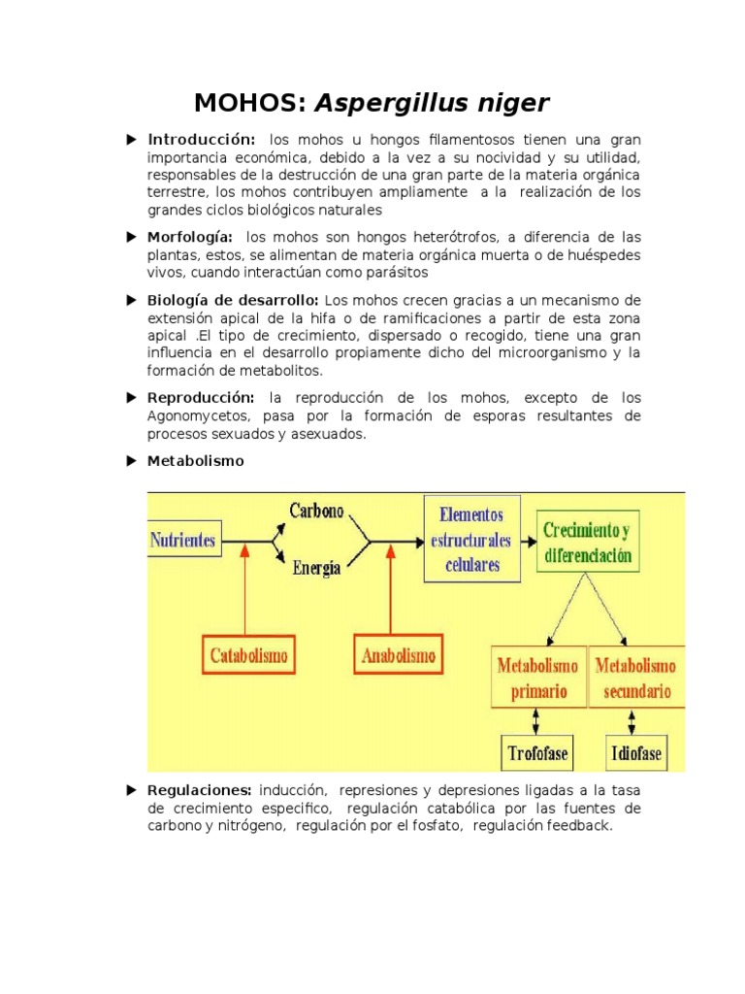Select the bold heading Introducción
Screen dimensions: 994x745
coord(202,140)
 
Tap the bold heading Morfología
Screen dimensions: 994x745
coord(190,238)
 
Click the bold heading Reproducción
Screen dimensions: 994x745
coord(201,399)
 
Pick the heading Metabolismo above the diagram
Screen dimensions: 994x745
coord(195,462)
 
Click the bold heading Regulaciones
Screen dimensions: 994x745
coord(200,790)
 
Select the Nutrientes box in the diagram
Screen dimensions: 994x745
coord(183,541)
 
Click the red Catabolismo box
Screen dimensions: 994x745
coord(249,655)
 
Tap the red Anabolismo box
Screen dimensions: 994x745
coord(399,655)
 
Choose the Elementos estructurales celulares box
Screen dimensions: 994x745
coord(472,539)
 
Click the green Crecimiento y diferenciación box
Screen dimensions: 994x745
coord(587,543)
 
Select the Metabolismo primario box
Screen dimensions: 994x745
coord(537,679)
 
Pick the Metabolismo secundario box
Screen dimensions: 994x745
coord(636,679)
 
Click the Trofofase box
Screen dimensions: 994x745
coord(537,751)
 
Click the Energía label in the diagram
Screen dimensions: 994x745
coord(316,569)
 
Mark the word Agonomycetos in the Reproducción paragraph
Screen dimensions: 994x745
coord(197,416)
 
